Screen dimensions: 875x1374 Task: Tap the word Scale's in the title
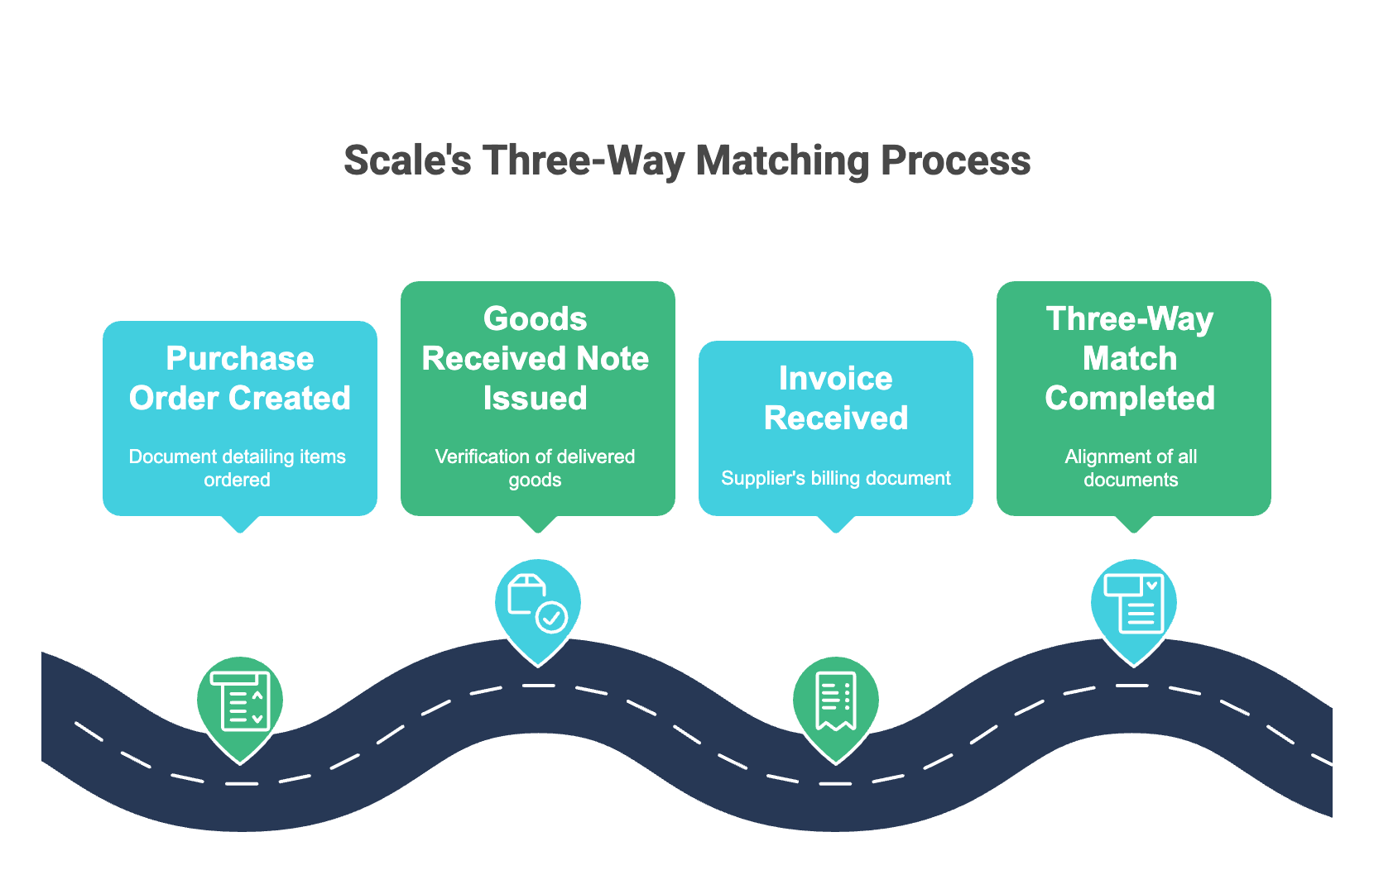click(x=407, y=160)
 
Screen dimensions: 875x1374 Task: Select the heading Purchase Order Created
click(x=240, y=379)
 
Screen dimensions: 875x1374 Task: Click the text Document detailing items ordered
click(x=238, y=468)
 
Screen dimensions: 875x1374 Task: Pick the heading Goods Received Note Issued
click(x=536, y=359)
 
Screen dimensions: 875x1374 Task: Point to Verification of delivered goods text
click(x=536, y=468)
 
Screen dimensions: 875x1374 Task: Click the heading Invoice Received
click(x=836, y=399)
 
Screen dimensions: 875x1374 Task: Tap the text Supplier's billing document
click(x=836, y=478)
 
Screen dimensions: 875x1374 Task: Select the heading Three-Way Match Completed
click(x=1130, y=359)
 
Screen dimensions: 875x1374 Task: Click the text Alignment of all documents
click(x=1131, y=468)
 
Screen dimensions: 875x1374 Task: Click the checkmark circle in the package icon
click(x=552, y=617)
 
